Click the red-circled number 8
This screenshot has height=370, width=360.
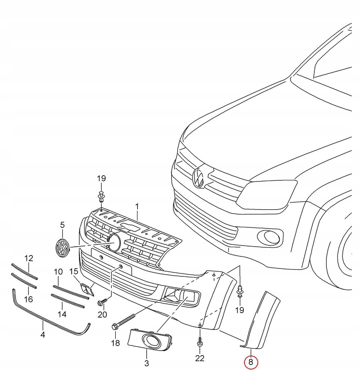pyautogui.click(x=251, y=362)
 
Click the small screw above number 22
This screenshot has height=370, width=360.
pyautogui.click(x=200, y=341)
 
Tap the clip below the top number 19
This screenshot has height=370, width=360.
pyautogui.click(x=101, y=197)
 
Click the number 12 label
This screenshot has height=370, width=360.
pyautogui.click(x=29, y=258)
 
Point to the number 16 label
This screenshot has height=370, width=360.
pyautogui.click(x=28, y=299)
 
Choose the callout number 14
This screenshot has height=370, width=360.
pyautogui.click(x=62, y=314)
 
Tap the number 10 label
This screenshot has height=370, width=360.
pyautogui.click(x=58, y=271)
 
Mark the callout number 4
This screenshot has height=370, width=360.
pyautogui.click(x=43, y=335)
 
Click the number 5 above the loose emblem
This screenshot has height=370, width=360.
pyautogui.click(x=62, y=225)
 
